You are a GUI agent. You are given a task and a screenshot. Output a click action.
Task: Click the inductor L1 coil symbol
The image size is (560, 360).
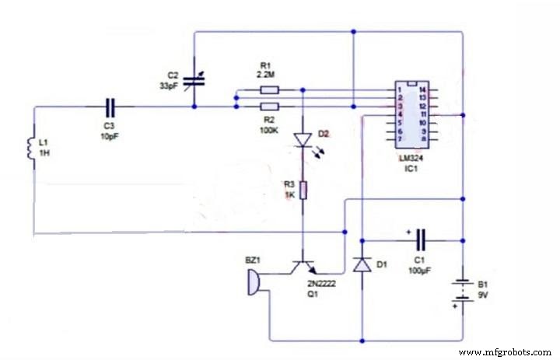click(x=34, y=145)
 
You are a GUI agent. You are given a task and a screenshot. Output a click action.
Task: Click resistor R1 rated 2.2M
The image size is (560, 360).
click(x=268, y=89)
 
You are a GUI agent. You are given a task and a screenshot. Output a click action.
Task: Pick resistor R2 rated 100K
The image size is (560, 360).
click(x=268, y=106)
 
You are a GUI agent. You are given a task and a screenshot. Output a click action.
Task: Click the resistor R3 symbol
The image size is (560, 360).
click(x=303, y=189)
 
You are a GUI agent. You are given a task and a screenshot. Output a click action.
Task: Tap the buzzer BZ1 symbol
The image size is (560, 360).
click(x=252, y=283)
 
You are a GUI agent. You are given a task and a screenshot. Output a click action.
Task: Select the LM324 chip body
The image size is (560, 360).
click(x=412, y=114)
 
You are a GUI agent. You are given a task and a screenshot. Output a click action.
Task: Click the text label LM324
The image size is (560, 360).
click(x=411, y=158)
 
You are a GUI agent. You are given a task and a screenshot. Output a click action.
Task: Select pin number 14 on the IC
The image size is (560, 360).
click(x=423, y=91)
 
